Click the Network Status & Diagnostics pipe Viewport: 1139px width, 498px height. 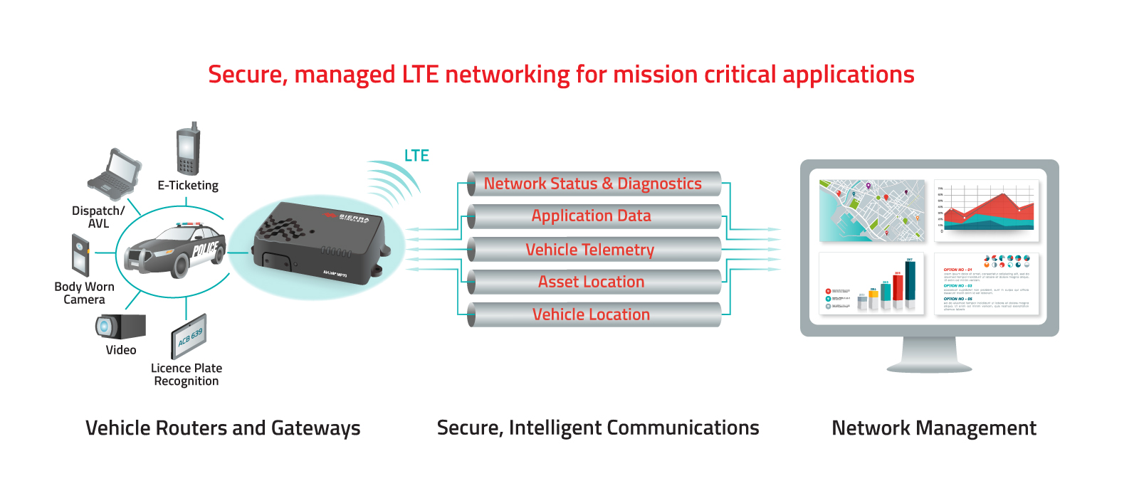click(593, 184)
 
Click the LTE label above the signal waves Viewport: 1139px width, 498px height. click(416, 156)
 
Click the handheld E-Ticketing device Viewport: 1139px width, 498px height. click(188, 150)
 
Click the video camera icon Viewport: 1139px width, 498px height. click(120, 327)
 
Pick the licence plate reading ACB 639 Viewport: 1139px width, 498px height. click(189, 336)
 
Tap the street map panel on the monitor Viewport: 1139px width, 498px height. click(872, 210)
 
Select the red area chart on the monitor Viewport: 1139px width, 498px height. click(987, 211)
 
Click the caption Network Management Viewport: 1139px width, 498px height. click(933, 428)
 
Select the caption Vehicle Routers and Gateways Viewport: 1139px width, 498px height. click(223, 428)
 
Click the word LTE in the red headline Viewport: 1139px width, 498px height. click(420, 75)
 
